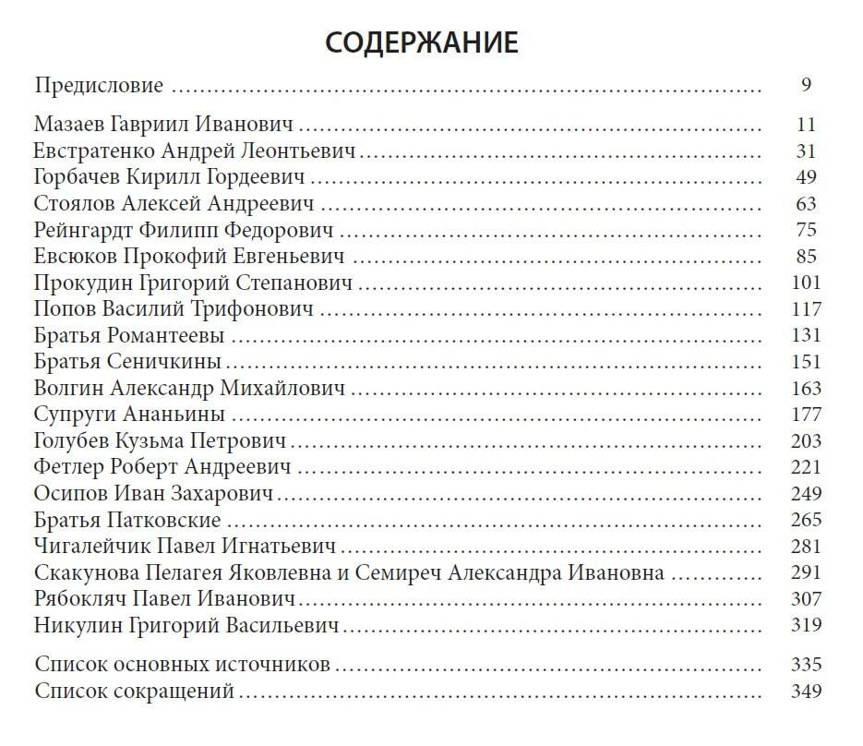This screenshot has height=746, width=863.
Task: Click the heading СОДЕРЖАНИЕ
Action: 422,42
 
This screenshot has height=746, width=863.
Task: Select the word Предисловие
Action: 99,86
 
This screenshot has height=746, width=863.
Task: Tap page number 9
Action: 806,86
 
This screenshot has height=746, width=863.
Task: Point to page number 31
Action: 806,151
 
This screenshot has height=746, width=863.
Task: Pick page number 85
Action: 806,256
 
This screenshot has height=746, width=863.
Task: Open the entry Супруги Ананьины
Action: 129,414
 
